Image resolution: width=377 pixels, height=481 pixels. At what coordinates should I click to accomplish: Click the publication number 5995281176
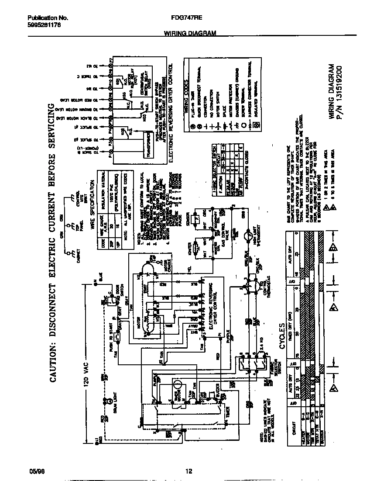coord(44,25)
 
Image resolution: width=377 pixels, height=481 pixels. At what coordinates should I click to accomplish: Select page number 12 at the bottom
coord(188,471)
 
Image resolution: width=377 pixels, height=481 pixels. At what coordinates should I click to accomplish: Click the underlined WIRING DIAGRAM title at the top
coord(190,33)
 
